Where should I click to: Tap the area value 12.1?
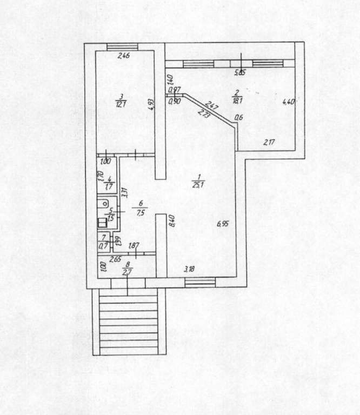click(121, 104)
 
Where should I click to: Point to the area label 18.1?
click(236, 99)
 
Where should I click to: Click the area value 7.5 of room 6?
click(141, 211)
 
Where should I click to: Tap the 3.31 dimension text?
click(124, 192)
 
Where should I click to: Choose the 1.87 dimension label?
click(135, 247)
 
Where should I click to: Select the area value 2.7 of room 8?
click(128, 272)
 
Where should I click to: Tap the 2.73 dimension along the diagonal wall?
click(204, 114)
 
